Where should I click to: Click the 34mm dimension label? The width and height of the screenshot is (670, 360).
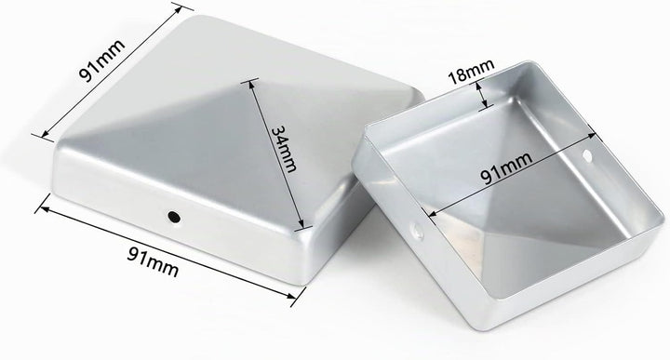284,149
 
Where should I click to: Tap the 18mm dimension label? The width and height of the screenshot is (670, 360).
471,71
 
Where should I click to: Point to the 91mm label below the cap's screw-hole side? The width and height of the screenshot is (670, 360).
153,260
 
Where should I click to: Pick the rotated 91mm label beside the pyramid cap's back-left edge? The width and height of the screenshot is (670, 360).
102,60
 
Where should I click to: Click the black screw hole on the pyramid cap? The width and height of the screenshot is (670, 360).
174,217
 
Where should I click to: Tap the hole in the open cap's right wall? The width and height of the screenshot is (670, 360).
588,154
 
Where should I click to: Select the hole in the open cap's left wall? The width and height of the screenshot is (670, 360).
417,231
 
